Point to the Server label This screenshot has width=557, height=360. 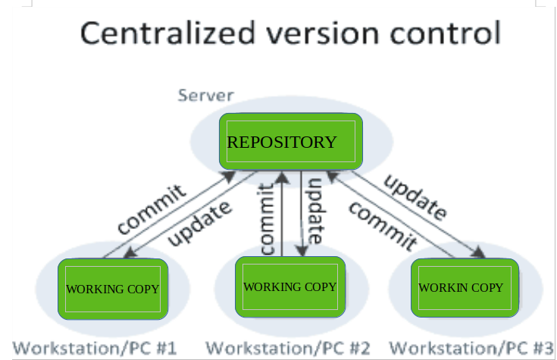205,96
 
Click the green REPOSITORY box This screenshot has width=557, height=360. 290,142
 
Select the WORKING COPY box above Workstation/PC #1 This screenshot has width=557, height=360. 113,289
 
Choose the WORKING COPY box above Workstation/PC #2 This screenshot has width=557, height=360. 289,286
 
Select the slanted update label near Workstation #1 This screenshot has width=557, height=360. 199,224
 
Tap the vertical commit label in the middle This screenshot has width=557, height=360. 267,218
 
